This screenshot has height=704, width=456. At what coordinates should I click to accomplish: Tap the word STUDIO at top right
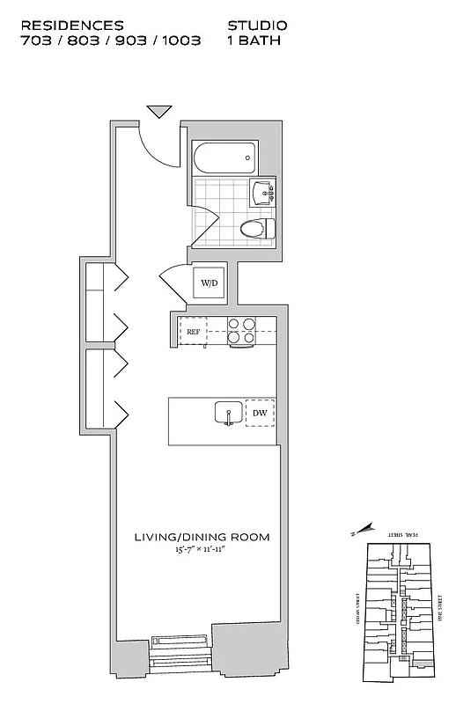[x=257, y=26]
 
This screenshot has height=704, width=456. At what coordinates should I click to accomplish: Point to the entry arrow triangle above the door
[x=158, y=111]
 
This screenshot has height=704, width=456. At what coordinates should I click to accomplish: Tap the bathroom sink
[x=263, y=191]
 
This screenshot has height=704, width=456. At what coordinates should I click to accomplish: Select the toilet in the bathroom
[x=256, y=230]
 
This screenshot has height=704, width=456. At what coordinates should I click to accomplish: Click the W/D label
[x=210, y=283]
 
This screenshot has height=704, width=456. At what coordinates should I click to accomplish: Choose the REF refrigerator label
[x=194, y=331]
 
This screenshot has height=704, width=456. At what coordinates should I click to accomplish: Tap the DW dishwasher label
[x=260, y=413]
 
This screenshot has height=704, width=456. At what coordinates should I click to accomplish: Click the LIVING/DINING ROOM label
[x=202, y=537]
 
